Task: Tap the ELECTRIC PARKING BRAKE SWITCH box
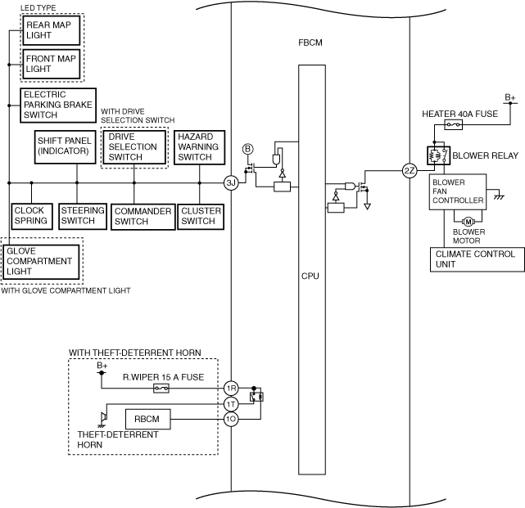pyautogui.click(x=57, y=105)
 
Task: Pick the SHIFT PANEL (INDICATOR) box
pyautogui.click(x=65, y=146)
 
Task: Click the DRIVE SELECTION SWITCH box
pyautogui.click(x=134, y=146)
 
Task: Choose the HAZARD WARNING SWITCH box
pyautogui.click(x=199, y=146)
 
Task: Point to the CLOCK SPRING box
pyautogui.click(x=30, y=216)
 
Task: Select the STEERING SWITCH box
pyautogui.click(x=82, y=216)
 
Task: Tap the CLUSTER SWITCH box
pyautogui.click(x=197, y=216)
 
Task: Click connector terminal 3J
pyautogui.click(x=231, y=182)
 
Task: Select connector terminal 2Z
pyautogui.click(x=410, y=171)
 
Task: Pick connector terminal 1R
pyautogui.click(x=231, y=389)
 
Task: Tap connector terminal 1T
pyautogui.click(x=231, y=404)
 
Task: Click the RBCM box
pyautogui.click(x=147, y=419)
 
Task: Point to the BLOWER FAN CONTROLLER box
pyautogui.click(x=459, y=192)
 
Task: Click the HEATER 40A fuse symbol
pyautogui.click(x=453, y=125)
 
